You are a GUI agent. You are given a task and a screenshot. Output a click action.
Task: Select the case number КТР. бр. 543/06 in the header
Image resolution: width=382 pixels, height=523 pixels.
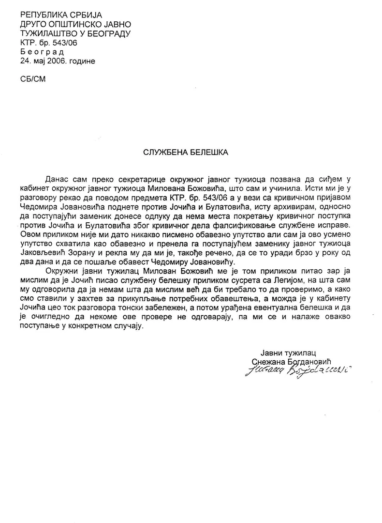[49, 43]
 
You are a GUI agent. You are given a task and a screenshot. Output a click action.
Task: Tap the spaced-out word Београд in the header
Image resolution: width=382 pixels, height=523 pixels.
[42, 51]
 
